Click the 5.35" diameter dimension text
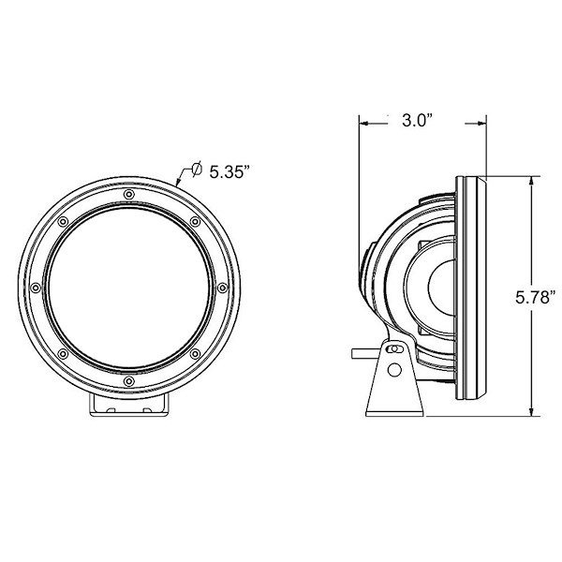coord(229,172)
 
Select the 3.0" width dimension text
coord(418,121)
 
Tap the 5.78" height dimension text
coord(536,298)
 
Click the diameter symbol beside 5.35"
coord(197,170)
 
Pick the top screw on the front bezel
coord(129,195)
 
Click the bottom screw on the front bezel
coord(129,380)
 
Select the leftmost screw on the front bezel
coord(36,288)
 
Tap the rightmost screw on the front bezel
coord(222,288)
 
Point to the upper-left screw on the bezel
coord(63,222)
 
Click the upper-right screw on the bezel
coord(195,222)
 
